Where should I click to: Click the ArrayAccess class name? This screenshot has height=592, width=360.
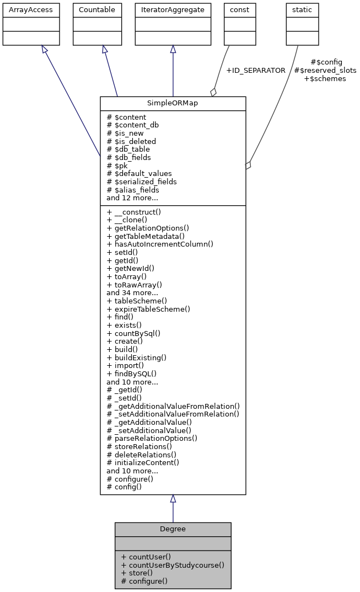(23, 10)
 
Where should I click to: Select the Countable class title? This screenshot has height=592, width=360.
(97, 10)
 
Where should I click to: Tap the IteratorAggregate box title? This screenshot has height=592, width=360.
(173, 10)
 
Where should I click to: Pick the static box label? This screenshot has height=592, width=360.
(302, 10)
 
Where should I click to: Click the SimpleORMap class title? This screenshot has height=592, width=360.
(173, 104)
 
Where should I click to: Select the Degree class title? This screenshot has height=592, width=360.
(173, 529)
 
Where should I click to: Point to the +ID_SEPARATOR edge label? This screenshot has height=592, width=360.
(256, 71)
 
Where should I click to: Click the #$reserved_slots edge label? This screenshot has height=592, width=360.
(325, 71)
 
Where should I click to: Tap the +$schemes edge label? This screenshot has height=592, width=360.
(325, 79)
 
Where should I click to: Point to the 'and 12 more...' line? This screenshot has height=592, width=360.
(132, 198)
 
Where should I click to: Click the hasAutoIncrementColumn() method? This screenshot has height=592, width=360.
(160, 244)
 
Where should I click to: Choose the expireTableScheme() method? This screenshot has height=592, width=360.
(148, 309)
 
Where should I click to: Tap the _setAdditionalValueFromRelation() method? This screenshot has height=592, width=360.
(173, 414)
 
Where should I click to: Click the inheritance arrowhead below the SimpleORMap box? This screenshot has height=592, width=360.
(173, 499)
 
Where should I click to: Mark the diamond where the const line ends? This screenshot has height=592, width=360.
(213, 92)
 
